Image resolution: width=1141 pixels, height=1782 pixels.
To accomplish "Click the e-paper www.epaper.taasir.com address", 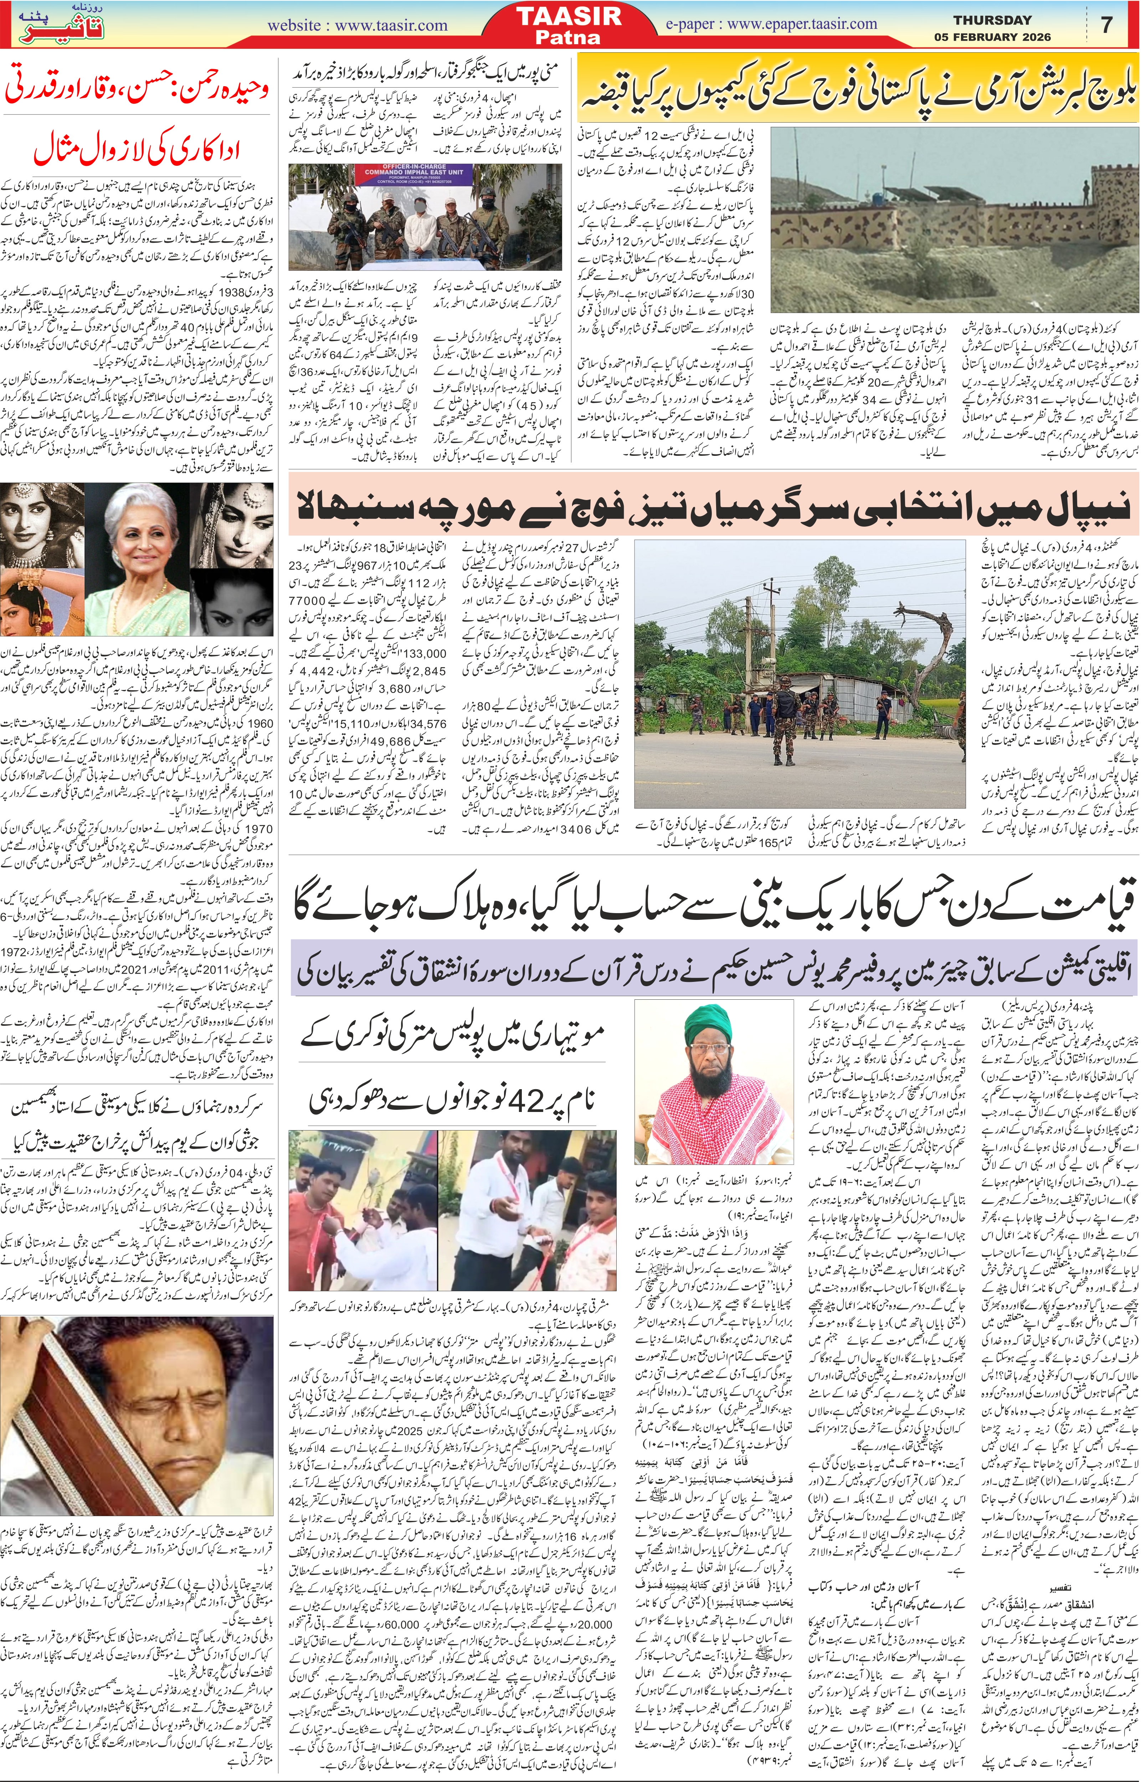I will tap(771, 24).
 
